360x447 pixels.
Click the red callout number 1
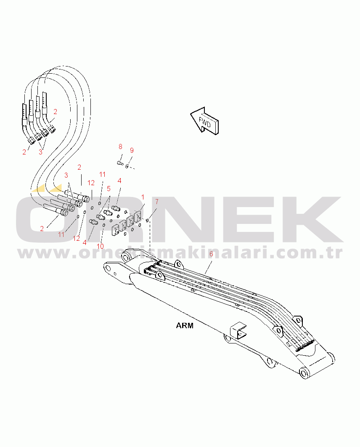(143, 197)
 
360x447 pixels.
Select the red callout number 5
(109, 189)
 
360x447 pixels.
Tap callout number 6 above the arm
(211, 254)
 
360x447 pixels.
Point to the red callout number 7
(156, 202)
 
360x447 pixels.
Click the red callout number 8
(120, 146)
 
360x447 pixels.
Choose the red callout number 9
(132, 150)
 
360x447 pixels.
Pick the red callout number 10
(100, 246)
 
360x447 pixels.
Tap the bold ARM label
(185, 325)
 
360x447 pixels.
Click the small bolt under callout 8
(119, 163)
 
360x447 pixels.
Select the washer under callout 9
(127, 166)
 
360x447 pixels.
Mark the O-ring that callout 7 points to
(147, 221)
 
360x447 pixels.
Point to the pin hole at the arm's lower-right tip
(304, 373)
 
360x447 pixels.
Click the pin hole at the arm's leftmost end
(108, 268)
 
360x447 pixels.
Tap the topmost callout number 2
(55, 112)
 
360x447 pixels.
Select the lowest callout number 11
(61, 234)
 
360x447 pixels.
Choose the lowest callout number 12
(76, 239)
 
